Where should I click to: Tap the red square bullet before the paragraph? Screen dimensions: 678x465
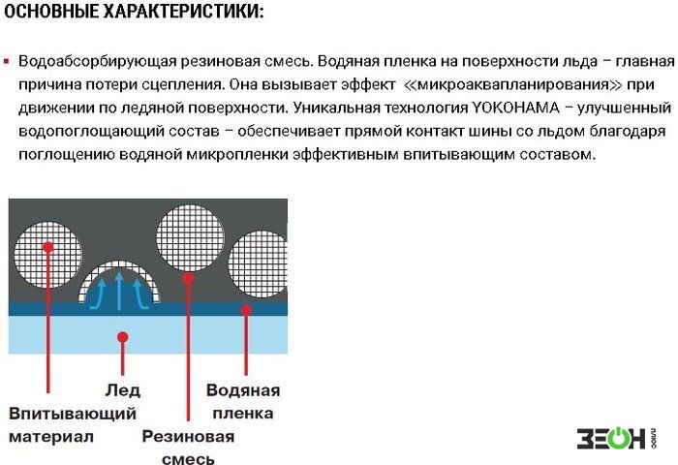(x=6, y=61)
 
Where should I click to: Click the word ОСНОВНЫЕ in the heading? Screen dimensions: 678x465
(x=51, y=12)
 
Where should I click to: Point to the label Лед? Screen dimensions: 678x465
(x=122, y=390)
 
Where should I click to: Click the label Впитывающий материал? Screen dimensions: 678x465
(x=73, y=424)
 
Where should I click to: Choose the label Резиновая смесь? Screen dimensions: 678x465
(x=188, y=447)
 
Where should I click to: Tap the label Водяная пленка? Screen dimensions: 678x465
(x=243, y=401)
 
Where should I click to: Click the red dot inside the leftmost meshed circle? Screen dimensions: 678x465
(x=47, y=247)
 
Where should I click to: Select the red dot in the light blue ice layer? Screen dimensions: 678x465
(x=122, y=337)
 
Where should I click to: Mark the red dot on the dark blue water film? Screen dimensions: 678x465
(x=246, y=310)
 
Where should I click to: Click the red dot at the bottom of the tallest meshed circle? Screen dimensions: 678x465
(x=188, y=278)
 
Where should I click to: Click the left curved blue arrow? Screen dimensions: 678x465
(x=97, y=294)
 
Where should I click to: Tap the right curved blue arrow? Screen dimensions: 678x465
(x=140, y=294)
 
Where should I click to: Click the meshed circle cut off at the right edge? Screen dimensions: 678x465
(x=258, y=264)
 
